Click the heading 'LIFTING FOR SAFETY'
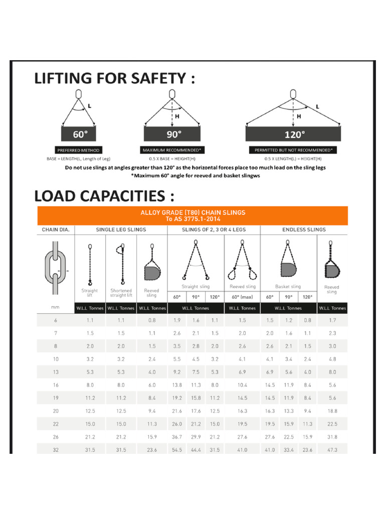pos(114,78)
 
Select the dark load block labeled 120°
pos(294,134)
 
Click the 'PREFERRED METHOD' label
pos(79,150)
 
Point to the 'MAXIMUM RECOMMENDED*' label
pos(172,150)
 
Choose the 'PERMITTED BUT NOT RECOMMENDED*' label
pos(293,150)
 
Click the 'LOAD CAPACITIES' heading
pos(104,195)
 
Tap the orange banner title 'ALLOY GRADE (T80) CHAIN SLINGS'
pos(192,212)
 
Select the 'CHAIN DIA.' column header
pos(55,229)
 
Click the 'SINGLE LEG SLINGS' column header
pos(121,229)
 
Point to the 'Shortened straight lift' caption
pos(121,293)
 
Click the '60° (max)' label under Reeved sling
pos(242,297)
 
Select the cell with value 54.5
pos(177,450)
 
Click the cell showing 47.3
pos(331,450)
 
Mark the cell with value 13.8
pos(177,385)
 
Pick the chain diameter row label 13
pos(55,372)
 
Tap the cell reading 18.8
pos(331,411)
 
